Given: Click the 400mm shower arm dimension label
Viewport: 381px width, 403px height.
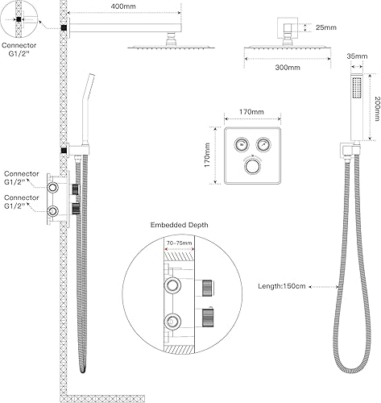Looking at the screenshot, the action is pyautogui.click(x=123, y=6).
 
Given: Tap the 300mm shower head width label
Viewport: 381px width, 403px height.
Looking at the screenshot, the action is pyautogui.click(x=288, y=67).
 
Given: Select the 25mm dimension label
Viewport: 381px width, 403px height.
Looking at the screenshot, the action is pyautogui.click(x=326, y=27).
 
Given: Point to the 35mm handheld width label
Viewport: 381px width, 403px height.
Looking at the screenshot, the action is pyautogui.click(x=357, y=56).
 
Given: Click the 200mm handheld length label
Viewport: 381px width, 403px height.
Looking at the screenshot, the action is pyautogui.click(x=377, y=109).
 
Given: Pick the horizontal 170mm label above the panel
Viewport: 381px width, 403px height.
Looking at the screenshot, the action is pyautogui.click(x=251, y=111).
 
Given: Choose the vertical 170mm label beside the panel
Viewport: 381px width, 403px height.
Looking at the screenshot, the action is pyautogui.click(x=207, y=155).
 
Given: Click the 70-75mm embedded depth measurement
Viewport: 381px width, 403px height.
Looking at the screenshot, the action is pyautogui.click(x=180, y=243).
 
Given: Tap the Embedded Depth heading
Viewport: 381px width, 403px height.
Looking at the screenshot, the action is pyautogui.click(x=179, y=225).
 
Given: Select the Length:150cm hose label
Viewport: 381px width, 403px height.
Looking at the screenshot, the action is pyautogui.click(x=282, y=286).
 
